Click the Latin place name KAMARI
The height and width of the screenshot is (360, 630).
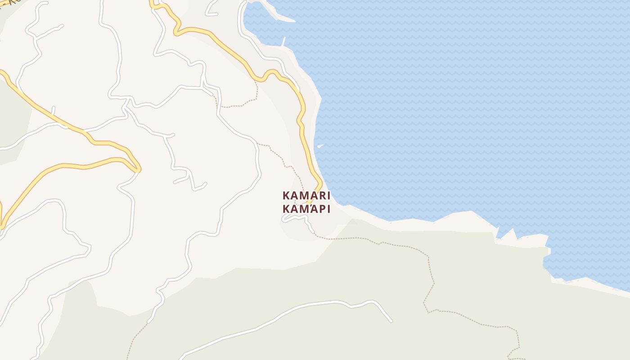pyautogui.click(x=306, y=196)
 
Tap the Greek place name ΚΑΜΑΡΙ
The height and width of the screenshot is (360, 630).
pyautogui.click(x=306, y=209)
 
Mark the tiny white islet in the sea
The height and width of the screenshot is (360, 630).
pyautogui.click(x=320, y=146)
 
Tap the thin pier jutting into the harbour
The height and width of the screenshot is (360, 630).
pyautogui.click(x=284, y=41)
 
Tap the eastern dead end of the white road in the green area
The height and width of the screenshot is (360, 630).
pyautogui.click(x=391, y=321)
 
